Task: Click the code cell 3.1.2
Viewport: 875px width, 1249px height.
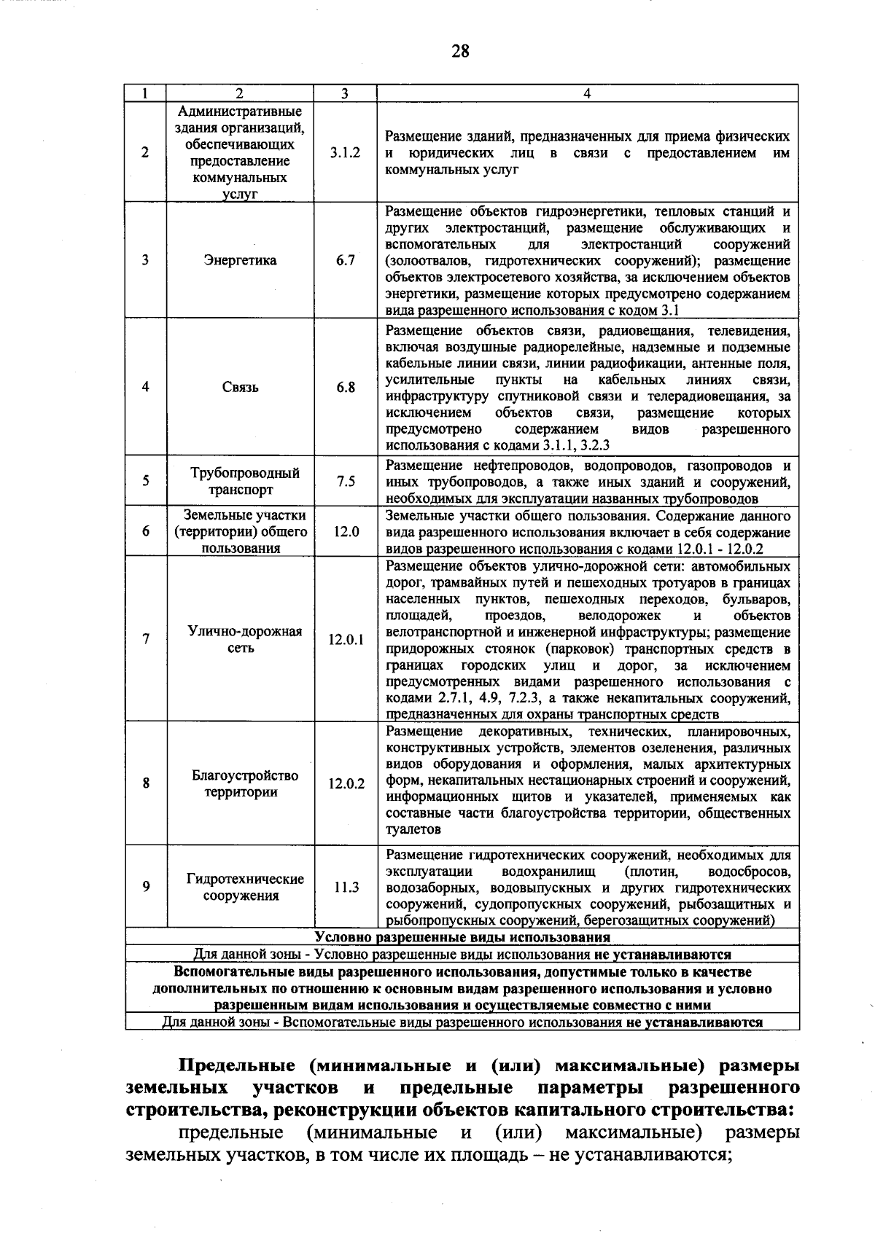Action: pyautogui.click(x=345, y=154)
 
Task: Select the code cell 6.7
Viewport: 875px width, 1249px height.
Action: pyautogui.click(x=345, y=260)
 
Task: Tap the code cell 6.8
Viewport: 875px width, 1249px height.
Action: pyautogui.click(x=345, y=387)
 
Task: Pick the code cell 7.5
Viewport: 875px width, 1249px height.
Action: pyautogui.click(x=345, y=481)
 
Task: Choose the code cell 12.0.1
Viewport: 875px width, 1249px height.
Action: pyautogui.click(x=345, y=640)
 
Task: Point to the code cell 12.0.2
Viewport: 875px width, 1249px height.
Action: pyautogui.click(x=345, y=784)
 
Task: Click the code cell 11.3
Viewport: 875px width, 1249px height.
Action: pyautogui.click(x=345, y=887)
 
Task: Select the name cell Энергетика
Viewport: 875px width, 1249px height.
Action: pyautogui.click(x=241, y=260)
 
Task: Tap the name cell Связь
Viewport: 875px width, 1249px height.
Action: pyautogui.click(x=241, y=387)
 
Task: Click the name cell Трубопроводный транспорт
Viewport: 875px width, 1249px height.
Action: pyautogui.click(x=241, y=481)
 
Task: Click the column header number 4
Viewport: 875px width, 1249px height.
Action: pyautogui.click(x=587, y=93)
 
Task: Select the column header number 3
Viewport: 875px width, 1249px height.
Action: pyautogui.click(x=345, y=93)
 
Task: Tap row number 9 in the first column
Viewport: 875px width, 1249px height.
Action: pyautogui.click(x=146, y=887)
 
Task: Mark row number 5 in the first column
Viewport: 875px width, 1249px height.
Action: pyautogui.click(x=146, y=481)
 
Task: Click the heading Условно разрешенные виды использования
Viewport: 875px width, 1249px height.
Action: pyautogui.click(x=462, y=937)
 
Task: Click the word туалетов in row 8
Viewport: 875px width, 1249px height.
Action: pyautogui.click(x=413, y=829)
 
